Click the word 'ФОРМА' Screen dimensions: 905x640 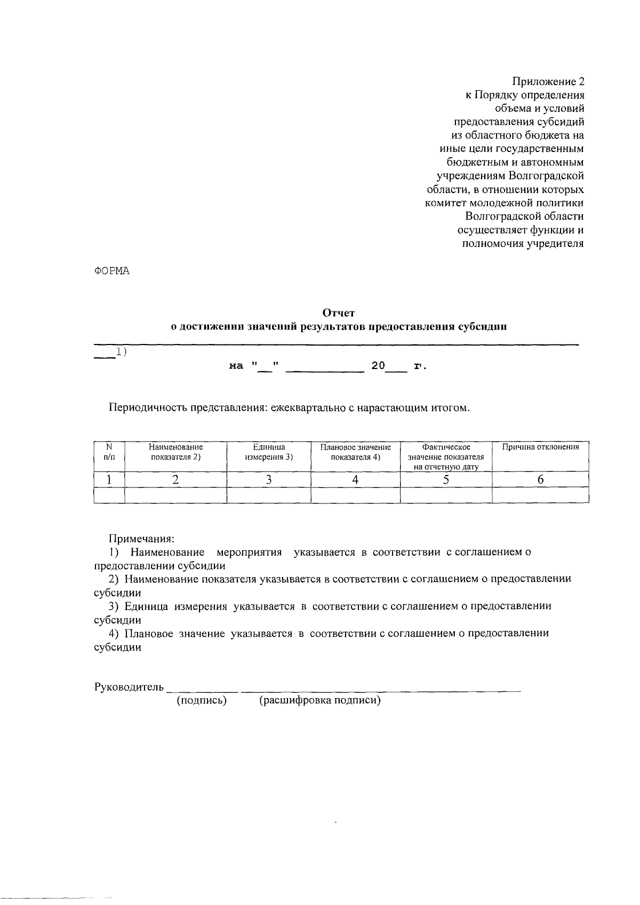point(112,271)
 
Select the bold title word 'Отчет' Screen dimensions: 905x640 point(338,313)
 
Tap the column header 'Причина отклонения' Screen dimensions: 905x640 point(540,447)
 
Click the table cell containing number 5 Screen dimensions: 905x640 point(445,480)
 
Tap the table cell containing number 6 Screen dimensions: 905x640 point(540,480)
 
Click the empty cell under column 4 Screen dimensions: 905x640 point(355,496)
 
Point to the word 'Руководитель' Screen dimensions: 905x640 point(129,686)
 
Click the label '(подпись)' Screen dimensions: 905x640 point(202,701)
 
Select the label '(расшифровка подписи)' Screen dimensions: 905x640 point(319,701)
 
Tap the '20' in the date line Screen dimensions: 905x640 point(378,366)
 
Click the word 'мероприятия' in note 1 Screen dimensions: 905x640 point(249,552)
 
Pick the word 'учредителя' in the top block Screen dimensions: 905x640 point(555,244)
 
